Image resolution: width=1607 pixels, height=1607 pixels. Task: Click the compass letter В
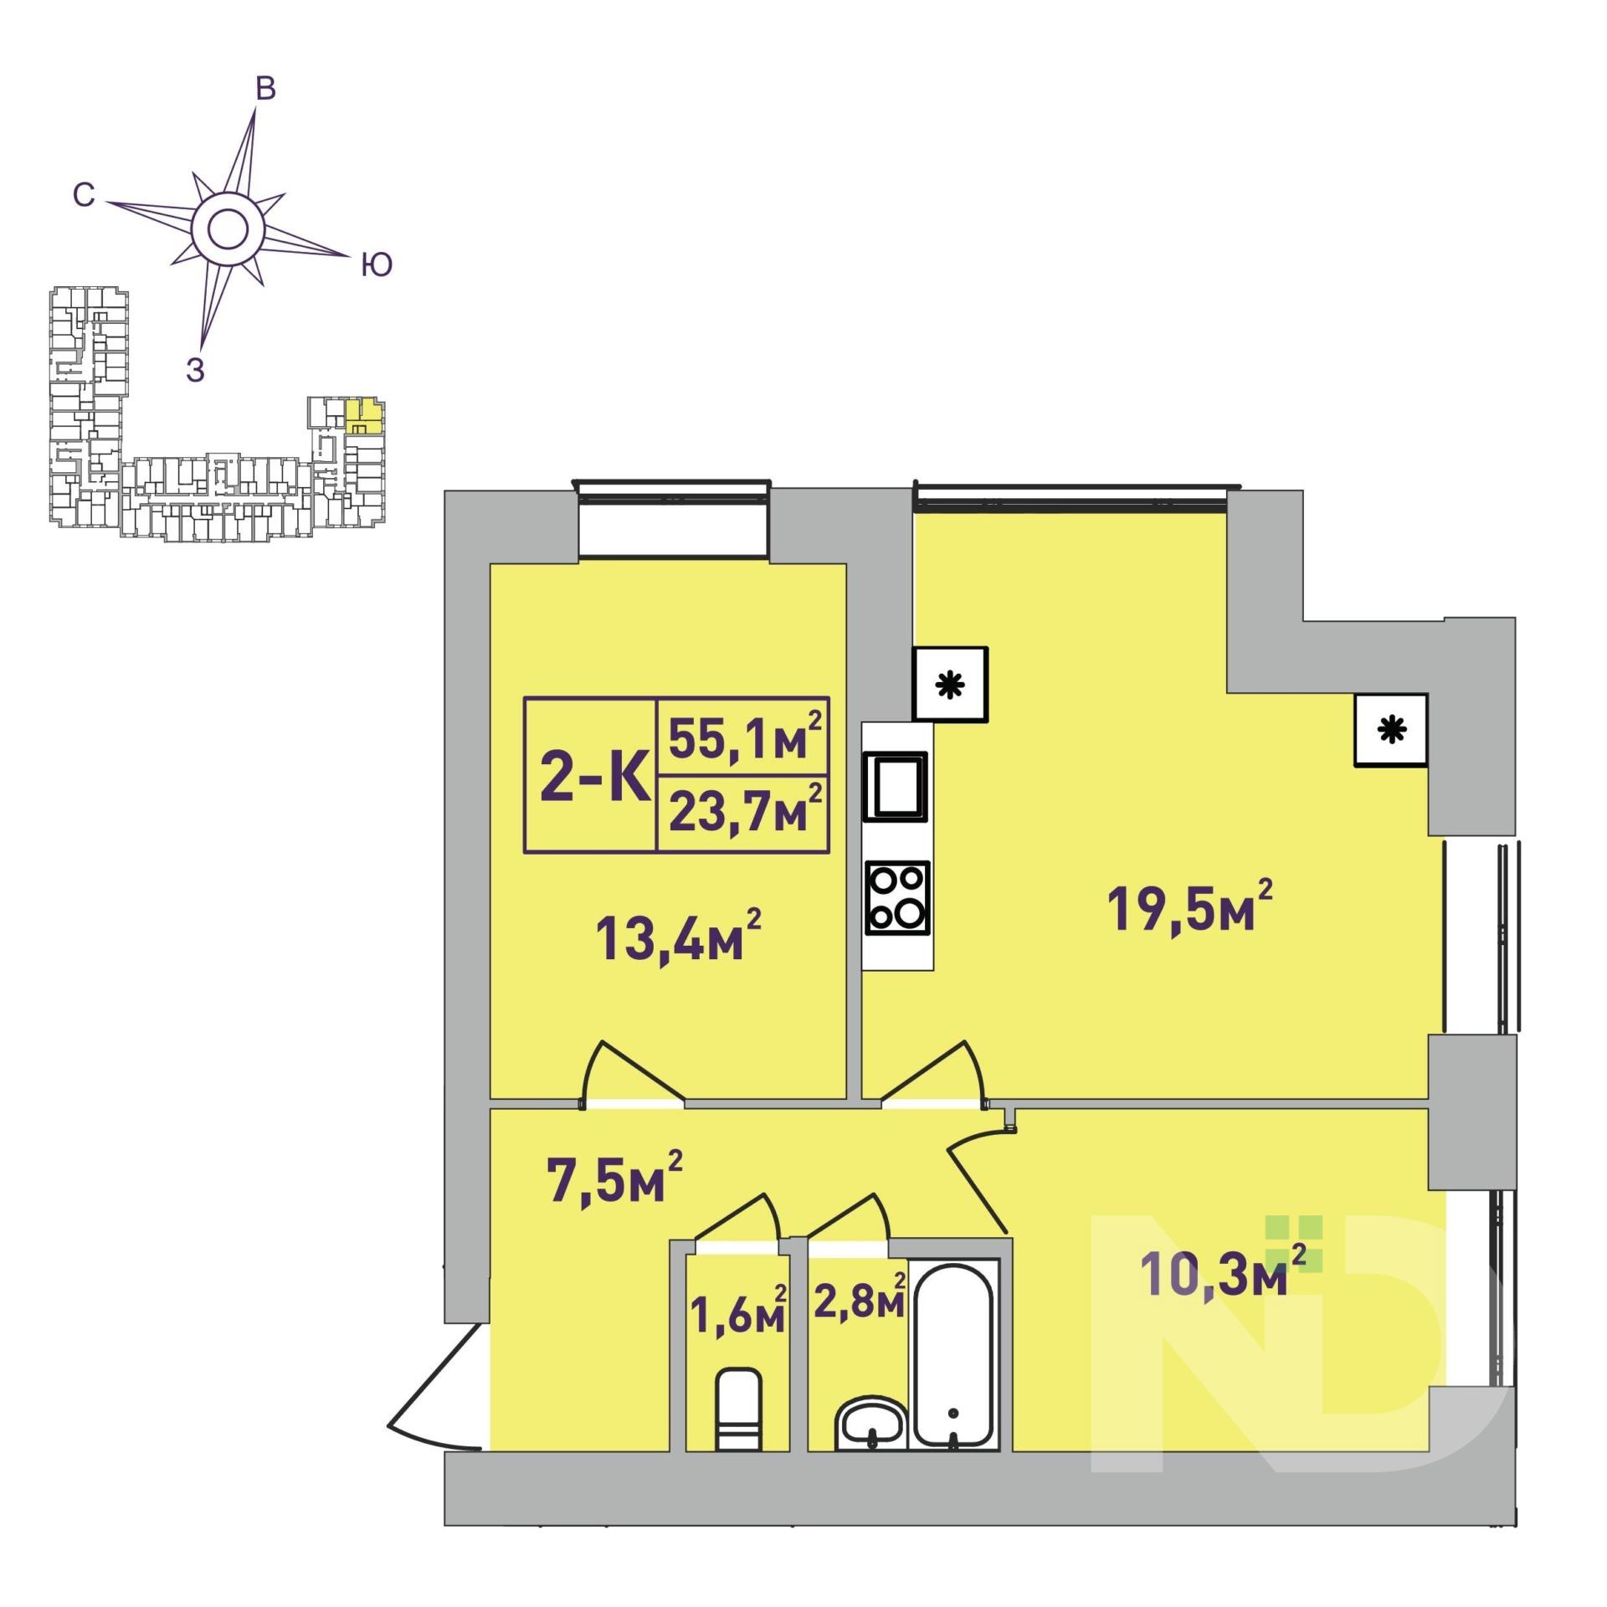pos(265,89)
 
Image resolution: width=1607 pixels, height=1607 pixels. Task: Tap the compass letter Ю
pos(377,265)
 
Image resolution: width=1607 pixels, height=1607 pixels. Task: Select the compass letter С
pos(83,195)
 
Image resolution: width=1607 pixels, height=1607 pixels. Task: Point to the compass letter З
pos(195,369)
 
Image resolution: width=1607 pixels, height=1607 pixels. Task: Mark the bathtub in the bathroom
pos(954,1364)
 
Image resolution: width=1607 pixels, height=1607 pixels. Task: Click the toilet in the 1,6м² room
pos(739,1409)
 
